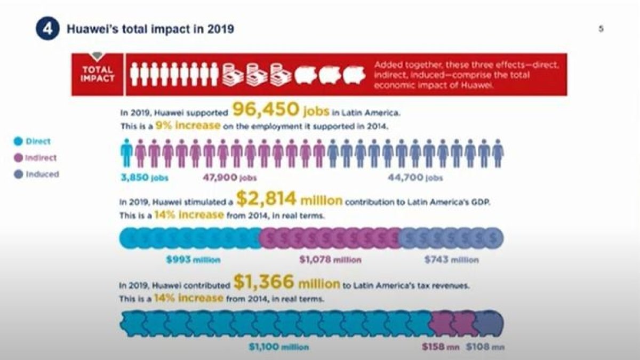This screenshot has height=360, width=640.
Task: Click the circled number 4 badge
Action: [x=47, y=29]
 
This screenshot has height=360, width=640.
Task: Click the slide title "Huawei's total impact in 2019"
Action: [x=150, y=29]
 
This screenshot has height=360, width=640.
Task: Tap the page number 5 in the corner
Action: [x=601, y=29]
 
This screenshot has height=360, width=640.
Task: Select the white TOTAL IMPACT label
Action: [x=97, y=74]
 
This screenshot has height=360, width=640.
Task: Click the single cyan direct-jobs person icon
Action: [x=126, y=154]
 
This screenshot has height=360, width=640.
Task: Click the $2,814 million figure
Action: [x=289, y=200]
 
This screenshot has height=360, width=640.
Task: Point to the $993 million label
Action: [x=193, y=260]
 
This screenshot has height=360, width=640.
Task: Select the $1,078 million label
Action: [x=330, y=260]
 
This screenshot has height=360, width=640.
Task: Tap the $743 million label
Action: [x=451, y=260]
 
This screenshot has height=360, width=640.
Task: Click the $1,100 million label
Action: [x=278, y=347]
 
